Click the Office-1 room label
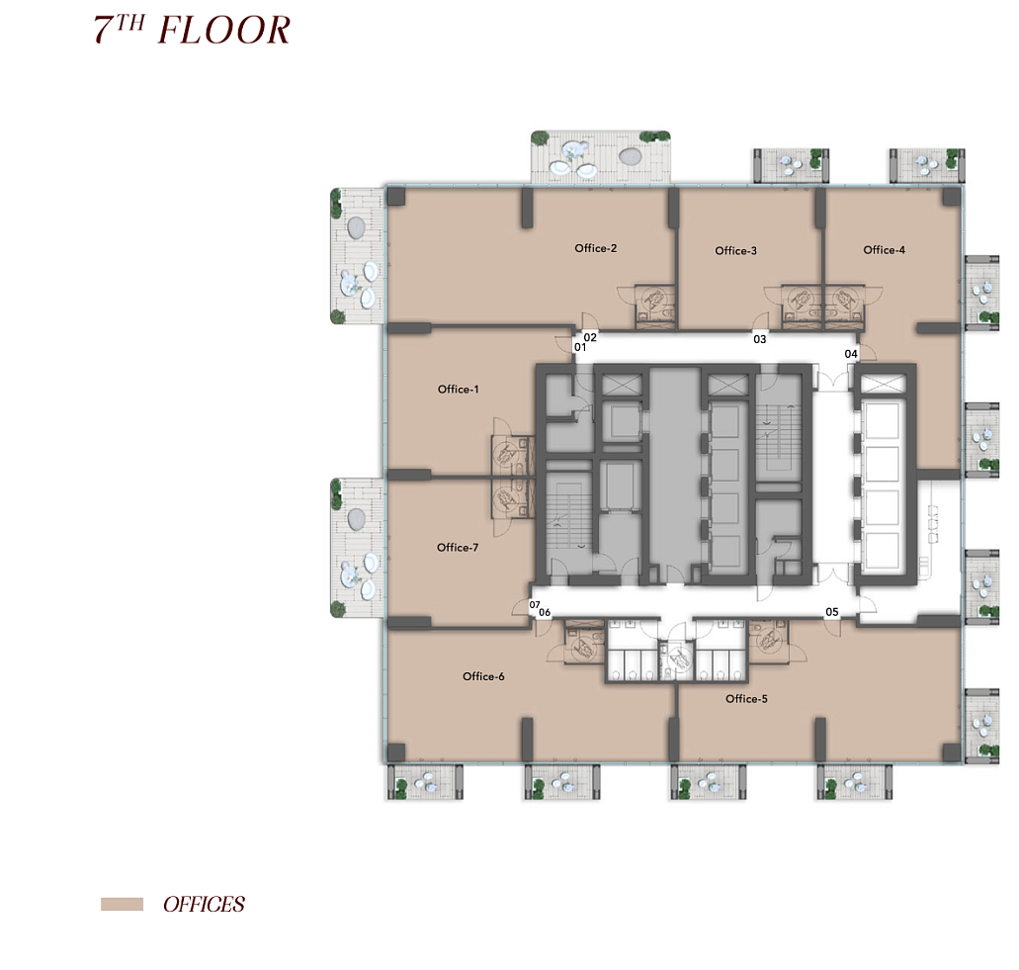pos(459,390)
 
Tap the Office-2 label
pos(596,248)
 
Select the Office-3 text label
pos(735,251)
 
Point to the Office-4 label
pos(884,250)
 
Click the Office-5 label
pos(746,699)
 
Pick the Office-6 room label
pos(483,676)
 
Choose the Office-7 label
pos(458,548)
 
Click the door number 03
pos(760,339)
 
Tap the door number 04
pos(851,354)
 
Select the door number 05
pos(832,612)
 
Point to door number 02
pos(590,337)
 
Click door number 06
pos(545,612)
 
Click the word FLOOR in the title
pos(224,31)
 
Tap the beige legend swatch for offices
pos(123,905)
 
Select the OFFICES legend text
pos(204,905)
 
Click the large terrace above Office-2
pos(601,157)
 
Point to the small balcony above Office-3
pos(792,166)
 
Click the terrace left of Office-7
pos(357,548)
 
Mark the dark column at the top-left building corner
pos(395,197)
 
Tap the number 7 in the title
pos(104,31)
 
